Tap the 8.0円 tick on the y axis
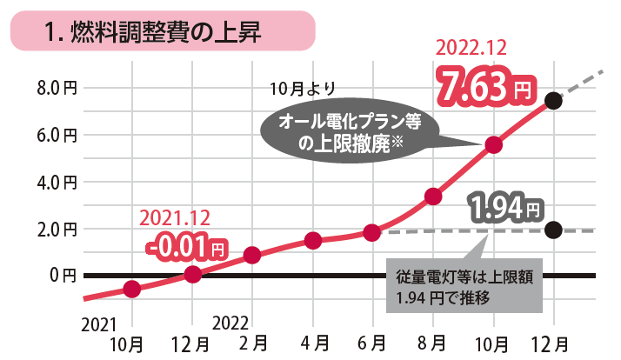click(57, 88)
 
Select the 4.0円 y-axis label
click(57, 183)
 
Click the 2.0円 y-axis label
click(57, 230)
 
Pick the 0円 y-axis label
click(63, 276)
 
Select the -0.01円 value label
click(186, 248)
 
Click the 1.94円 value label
click(505, 208)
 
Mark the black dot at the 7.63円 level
click(553, 101)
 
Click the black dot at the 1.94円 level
click(553, 230)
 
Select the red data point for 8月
click(433, 197)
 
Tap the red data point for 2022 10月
click(493, 145)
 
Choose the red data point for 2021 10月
click(132, 289)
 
